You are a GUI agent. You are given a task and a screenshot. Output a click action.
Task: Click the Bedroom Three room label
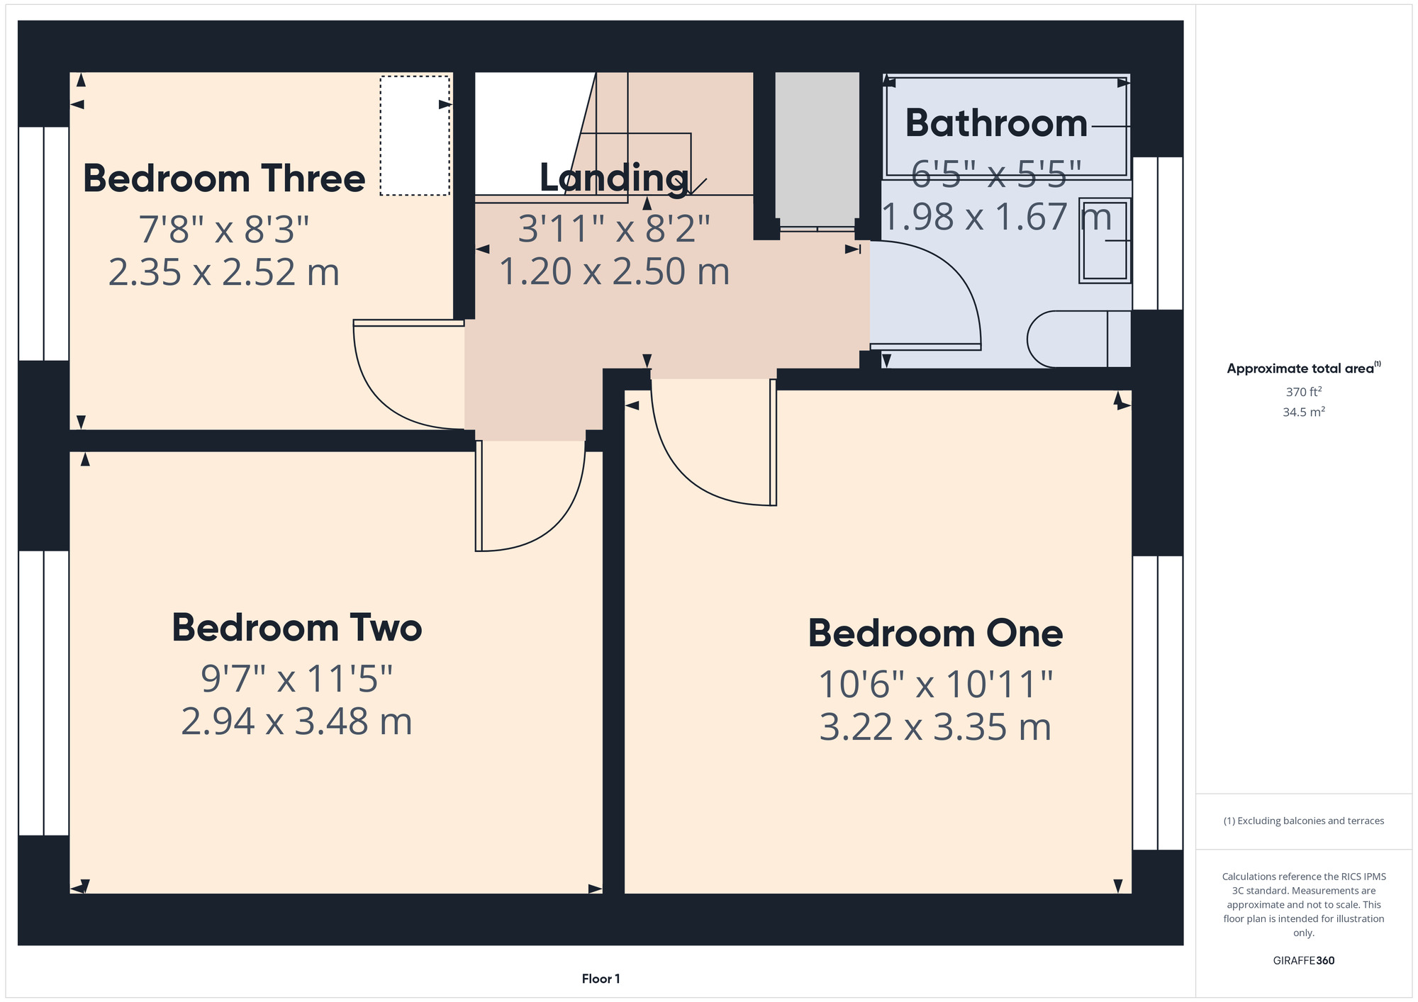(224, 178)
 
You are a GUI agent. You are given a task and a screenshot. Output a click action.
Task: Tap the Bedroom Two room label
(296, 628)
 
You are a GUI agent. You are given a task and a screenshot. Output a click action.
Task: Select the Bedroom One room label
(935, 633)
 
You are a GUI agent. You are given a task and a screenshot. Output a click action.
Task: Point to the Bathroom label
(996, 123)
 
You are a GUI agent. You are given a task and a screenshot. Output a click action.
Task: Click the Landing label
(614, 177)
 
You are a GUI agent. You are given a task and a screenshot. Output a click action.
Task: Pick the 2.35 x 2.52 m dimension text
(224, 272)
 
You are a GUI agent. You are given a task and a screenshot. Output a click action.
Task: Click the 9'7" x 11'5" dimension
(296, 678)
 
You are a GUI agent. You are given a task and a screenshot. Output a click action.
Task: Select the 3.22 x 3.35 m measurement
(935, 727)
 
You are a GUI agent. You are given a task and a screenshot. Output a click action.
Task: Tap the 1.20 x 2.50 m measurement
(614, 271)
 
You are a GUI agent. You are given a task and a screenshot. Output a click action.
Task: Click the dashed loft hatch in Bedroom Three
(415, 135)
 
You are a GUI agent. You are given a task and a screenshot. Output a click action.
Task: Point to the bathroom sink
(1105, 241)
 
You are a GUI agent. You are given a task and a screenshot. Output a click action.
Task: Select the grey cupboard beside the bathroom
(817, 150)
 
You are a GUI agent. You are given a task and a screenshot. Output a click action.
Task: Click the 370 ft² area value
(1304, 391)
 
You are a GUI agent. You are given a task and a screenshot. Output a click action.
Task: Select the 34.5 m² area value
(1304, 412)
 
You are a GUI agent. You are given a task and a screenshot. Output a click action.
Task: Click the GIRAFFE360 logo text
(1304, 961)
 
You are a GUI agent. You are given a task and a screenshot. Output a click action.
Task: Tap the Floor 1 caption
(601, 979)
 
